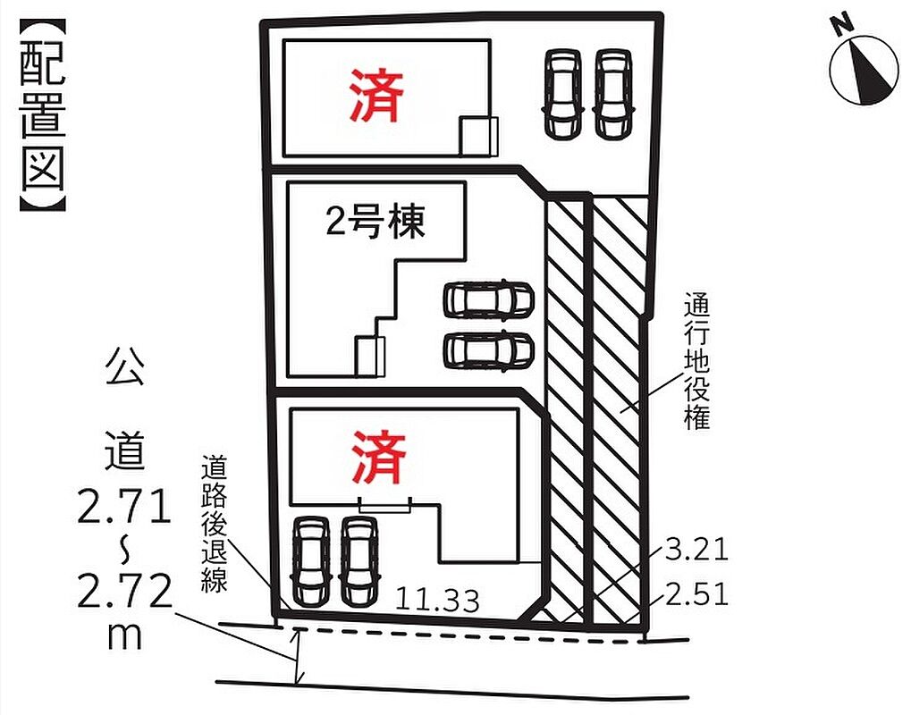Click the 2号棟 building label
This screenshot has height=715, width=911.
(x=375, y=222)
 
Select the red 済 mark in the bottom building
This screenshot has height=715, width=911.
(x=378, y=458)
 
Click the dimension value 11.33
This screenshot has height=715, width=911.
(x=437, y=600)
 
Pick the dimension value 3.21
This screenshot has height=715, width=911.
(x=696, y=549)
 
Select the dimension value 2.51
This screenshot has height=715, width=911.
(x=696, y=594)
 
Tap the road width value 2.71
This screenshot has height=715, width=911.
(x=123, y=504)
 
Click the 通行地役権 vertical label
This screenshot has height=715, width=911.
(x=696, y=361)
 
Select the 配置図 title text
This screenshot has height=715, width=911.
(x=43, y=114)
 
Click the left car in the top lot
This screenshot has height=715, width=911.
(x=562, y=94)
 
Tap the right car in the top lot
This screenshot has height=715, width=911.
(x=613, y=94)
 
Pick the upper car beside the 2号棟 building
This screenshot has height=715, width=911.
(x=488, y=299)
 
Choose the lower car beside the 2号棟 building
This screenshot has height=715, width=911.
(x=488, y=349)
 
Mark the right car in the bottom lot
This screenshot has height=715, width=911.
(x=359, y=561)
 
